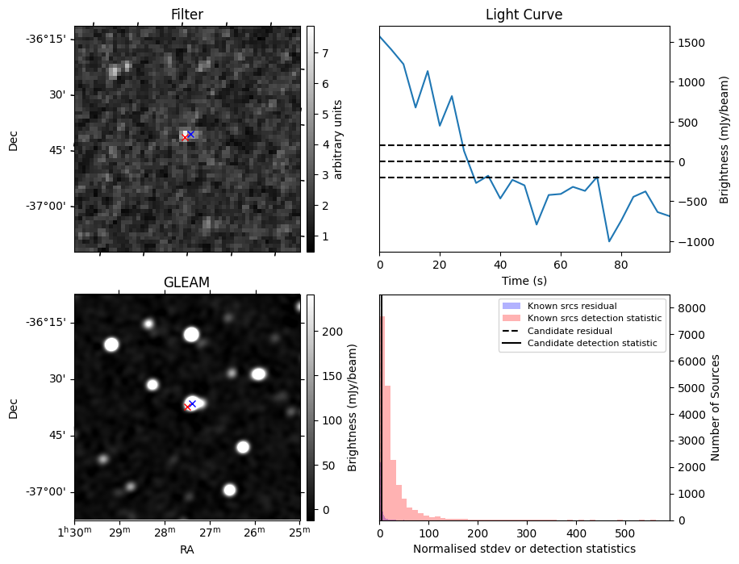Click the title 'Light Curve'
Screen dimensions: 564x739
[x=524, y=15]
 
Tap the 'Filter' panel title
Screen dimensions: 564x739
[x=186, y=15]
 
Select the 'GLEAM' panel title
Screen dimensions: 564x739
[x=186, y=282]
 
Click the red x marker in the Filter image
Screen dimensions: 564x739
[x=185, y=138]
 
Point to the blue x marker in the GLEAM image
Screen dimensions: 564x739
[x=192, y=403]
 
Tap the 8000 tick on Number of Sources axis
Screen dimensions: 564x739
[x=692, y=308]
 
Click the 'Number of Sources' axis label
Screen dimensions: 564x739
[x=716, y=407]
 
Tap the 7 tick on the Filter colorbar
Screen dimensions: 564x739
[x=324, y=53]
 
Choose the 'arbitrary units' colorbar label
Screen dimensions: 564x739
[x=338, y=139]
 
